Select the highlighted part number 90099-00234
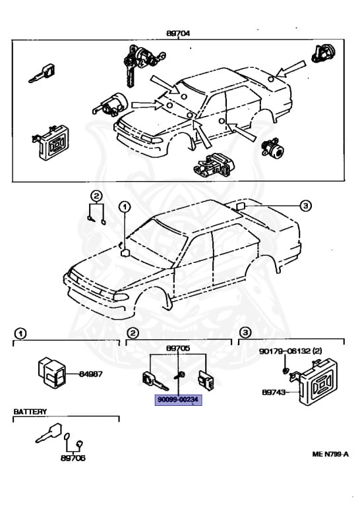click(177, 399)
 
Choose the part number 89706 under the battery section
click(73, 457)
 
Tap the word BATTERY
click(31, 411)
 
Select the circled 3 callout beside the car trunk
click(305, 206)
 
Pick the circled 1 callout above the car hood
click(125, 206)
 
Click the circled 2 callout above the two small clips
click(96, 196)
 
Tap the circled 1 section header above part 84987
click(20, 332)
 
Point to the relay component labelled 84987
click(50, 372)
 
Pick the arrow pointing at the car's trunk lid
click(291, 69)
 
